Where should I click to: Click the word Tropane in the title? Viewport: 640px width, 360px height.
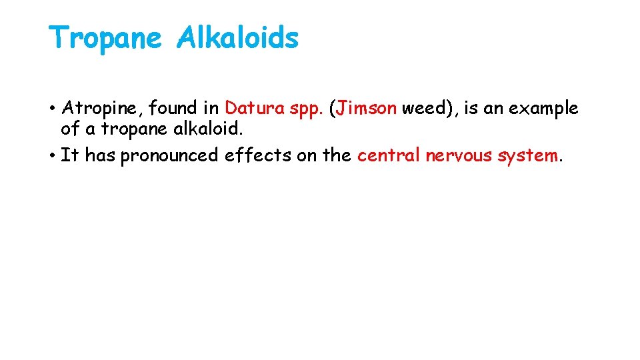105,38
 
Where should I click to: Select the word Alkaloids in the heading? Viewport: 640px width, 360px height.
237,38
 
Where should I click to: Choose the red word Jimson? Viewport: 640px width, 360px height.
366,108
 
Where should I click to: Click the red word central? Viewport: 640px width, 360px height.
389,155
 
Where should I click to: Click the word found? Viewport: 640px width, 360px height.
174,108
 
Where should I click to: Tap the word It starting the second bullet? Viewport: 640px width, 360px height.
69,155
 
